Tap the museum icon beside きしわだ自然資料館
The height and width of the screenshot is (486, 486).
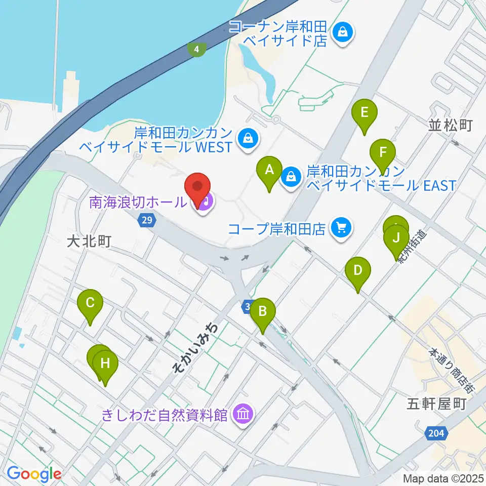(242, 415)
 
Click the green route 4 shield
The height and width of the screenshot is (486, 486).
(196, 49)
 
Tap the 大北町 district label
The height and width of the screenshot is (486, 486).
(89, 241)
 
